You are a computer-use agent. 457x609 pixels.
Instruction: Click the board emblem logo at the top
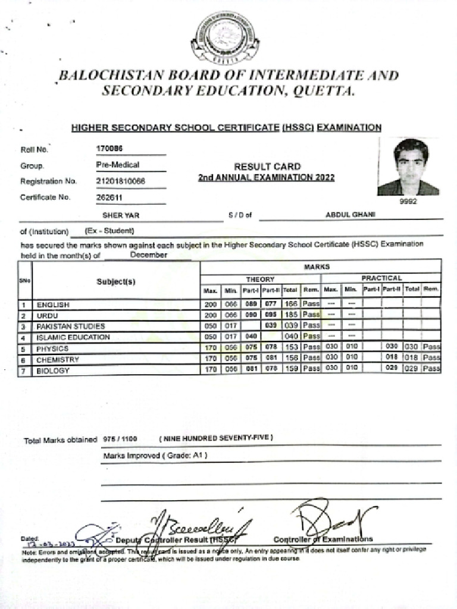225,39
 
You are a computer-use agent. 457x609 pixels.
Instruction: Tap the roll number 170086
109,149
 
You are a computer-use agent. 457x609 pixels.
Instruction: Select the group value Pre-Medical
118,165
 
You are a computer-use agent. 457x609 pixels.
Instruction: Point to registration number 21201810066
121,181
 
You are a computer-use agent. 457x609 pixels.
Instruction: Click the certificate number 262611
109,197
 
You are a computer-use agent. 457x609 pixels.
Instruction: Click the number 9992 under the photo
409,202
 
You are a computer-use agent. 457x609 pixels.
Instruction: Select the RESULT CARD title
267,167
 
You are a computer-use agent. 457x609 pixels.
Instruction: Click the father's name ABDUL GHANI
350,215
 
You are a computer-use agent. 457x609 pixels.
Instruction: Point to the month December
149,255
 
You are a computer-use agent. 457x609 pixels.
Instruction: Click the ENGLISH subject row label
53,304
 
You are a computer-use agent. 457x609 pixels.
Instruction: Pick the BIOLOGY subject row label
53,371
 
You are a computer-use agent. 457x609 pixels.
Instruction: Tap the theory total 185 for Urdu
290,315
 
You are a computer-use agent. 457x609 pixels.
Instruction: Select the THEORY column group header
261,278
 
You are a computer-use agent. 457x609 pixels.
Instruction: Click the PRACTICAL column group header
381,278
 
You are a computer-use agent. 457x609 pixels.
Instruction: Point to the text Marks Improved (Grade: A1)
155,456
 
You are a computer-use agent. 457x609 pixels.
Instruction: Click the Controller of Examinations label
323,539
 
